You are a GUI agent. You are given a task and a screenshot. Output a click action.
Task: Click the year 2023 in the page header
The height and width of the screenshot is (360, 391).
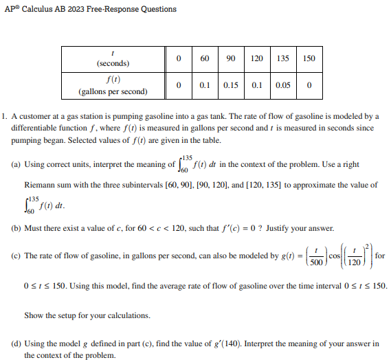[78, 9]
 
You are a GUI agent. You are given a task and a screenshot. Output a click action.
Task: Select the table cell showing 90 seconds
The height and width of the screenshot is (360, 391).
[231, 58]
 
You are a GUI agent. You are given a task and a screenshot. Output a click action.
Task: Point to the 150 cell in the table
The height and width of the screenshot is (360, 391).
[309, 58]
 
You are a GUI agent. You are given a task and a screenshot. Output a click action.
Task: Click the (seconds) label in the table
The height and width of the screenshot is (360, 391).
[113, 63]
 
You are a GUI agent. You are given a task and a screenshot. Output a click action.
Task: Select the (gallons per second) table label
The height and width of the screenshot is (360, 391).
[113, 91]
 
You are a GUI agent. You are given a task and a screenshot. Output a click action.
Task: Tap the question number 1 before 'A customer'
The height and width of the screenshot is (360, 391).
[4, 116]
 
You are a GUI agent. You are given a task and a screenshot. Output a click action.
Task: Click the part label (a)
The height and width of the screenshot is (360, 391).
[16, 165]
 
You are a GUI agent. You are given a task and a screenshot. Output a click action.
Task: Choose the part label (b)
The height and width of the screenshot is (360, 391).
[16, 228]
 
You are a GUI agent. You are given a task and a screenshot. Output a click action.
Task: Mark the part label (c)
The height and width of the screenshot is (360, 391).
[16, 256]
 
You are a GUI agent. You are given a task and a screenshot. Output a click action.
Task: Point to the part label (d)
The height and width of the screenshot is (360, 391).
[16, 343]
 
